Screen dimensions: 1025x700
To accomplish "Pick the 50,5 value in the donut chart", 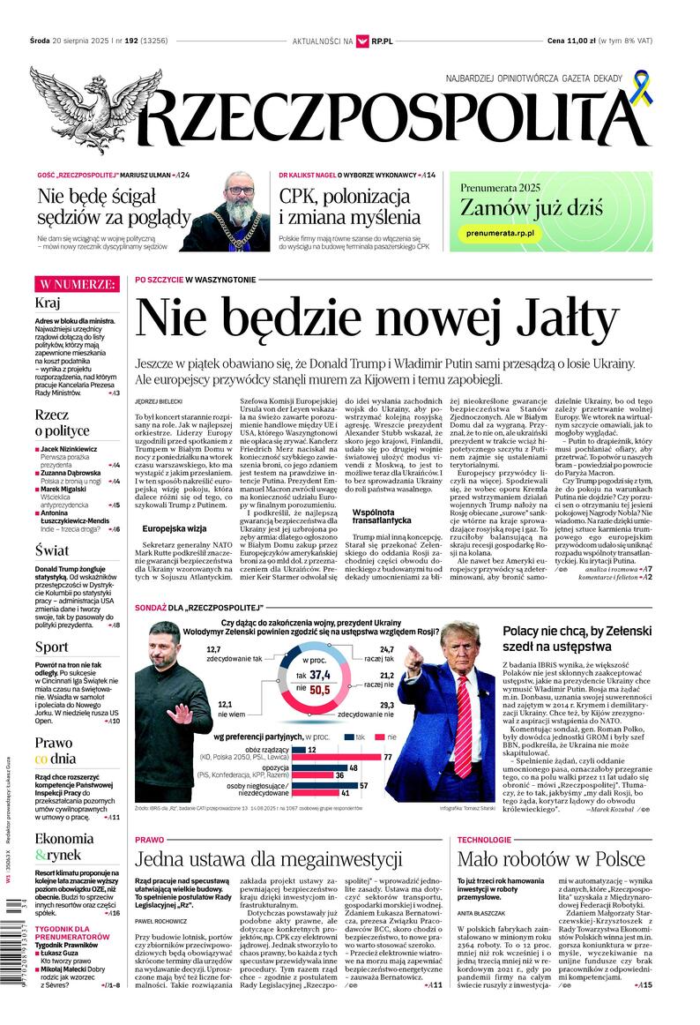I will pyautogui.click(x=319, y=690).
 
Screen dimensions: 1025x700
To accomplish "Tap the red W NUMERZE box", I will pyautogui.click(x=76, y=284).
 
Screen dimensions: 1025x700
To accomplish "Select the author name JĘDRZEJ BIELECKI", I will pyautogui.click(x=159, y=400).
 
